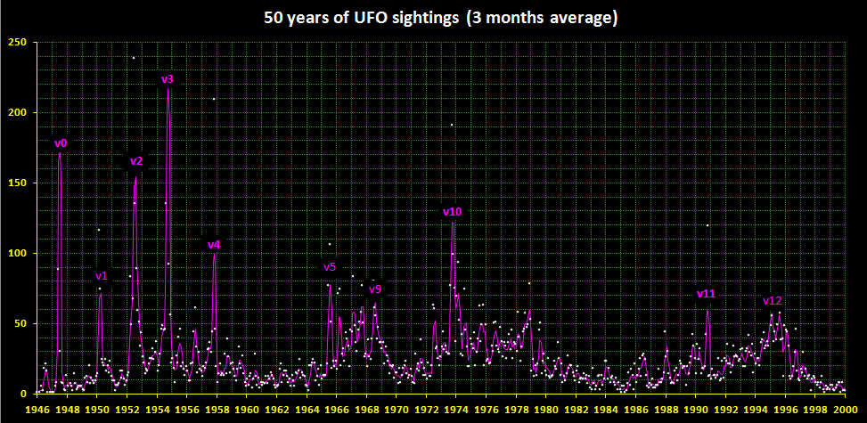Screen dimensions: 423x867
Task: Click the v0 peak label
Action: [x=61, y=142]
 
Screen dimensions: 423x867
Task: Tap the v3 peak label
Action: [x=167, y=79]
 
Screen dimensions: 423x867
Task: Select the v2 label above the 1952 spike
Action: [x=136, y=161]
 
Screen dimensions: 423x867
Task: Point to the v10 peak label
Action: [x=452, y=211]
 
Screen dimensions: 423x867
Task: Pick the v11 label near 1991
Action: [x=706, y=293]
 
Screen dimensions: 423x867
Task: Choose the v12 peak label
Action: [x=773, y=301]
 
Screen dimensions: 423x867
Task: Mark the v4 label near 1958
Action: [x=214, y=245]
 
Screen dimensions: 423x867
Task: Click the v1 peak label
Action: [x=102, y=276]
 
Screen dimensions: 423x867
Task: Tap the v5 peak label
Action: [x=330, y=267]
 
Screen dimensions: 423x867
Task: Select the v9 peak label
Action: [x=375, y=289]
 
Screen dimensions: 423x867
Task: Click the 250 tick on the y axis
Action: [x=16, y=42]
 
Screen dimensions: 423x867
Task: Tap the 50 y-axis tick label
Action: [x=20, y=323]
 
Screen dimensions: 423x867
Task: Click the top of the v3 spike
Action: [x=168, y=88]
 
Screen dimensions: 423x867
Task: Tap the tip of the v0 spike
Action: [x=60, y=152]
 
